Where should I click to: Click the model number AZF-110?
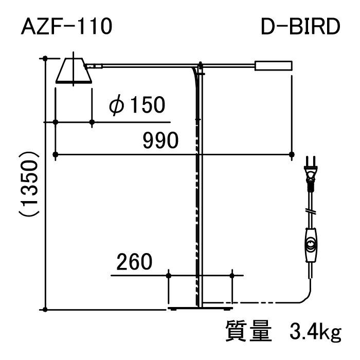66,26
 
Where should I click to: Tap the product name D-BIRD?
300,26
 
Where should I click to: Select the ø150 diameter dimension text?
137,105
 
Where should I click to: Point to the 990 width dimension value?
160,140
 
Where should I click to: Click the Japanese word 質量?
248,331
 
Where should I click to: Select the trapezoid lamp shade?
74,70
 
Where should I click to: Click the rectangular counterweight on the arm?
273,66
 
